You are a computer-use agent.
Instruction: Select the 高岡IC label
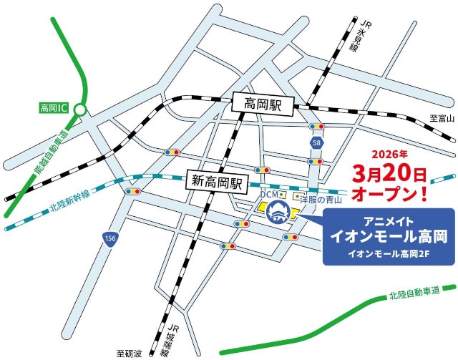click(54, 110)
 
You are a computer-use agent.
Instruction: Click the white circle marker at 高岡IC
click(81, 110)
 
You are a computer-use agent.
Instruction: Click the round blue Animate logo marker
click(278, 212)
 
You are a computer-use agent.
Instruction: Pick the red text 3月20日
click(389, 174)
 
